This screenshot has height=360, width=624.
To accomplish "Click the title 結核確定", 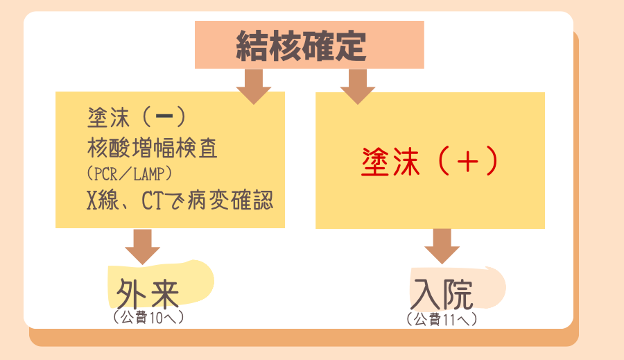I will pyautogui.click(x=309, y=46).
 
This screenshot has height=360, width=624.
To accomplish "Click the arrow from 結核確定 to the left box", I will pyautogui.click(x=254, y=86).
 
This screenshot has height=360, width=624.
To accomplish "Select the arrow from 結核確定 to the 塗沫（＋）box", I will pyautogui.click(x=358, y=86).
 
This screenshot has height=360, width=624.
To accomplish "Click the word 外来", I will pyautogui.click(x=148, y=293).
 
